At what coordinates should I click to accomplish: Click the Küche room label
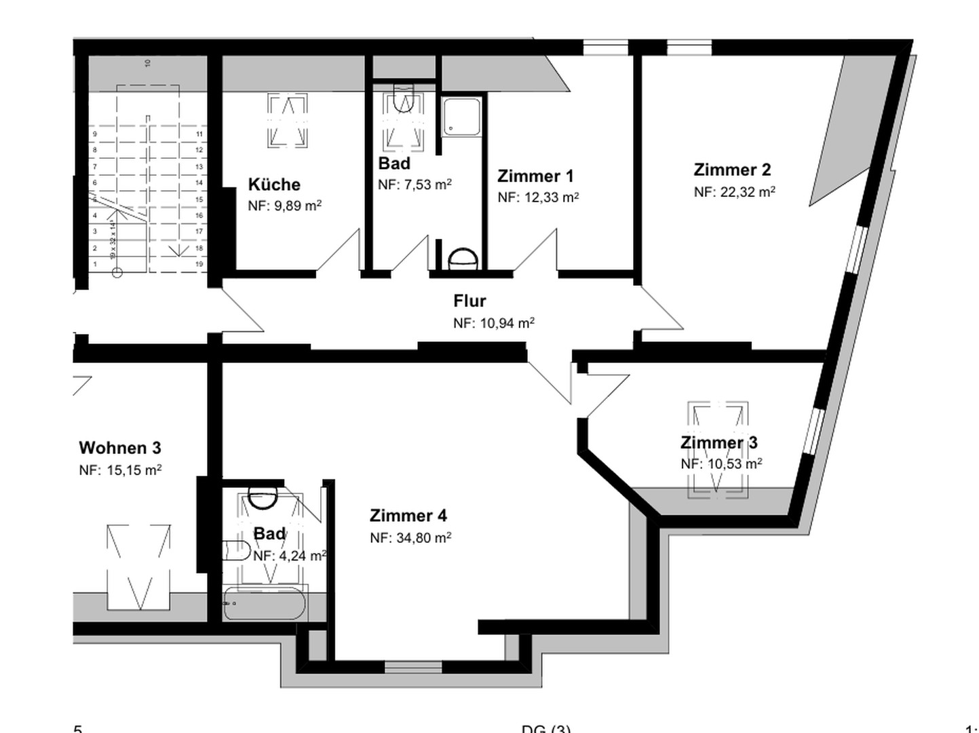274,185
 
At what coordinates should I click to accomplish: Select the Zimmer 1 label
535,176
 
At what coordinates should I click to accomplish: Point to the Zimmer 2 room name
732,170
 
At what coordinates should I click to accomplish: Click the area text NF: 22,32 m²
734,192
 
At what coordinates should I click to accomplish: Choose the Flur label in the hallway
469,301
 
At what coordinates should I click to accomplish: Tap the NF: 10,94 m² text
493,323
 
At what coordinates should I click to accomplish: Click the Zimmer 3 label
718,443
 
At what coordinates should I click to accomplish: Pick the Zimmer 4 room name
408,516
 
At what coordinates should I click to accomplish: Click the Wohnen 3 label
120,448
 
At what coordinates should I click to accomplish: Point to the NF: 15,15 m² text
120,470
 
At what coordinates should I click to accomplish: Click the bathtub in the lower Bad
265,603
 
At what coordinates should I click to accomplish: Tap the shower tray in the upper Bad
462,116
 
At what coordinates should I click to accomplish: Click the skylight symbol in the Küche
288,121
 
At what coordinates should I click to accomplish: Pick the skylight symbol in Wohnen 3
138,566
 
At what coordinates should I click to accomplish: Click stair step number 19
199,264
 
